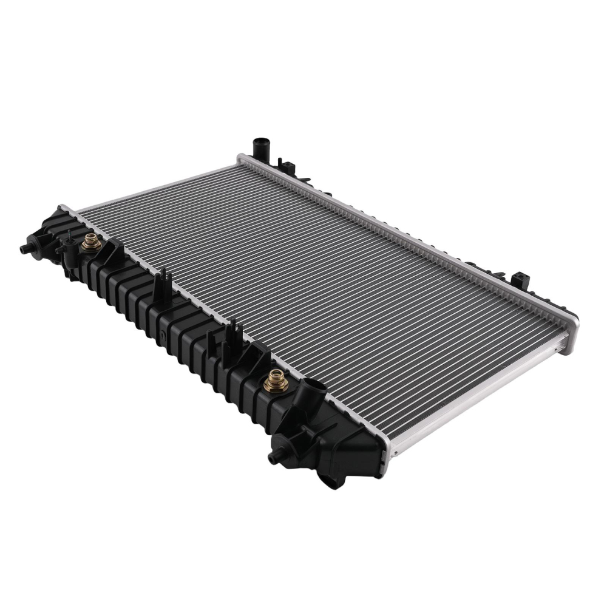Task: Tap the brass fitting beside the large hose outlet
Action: click(x=275, y=379)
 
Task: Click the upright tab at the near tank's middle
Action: click(x=161, y=286)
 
